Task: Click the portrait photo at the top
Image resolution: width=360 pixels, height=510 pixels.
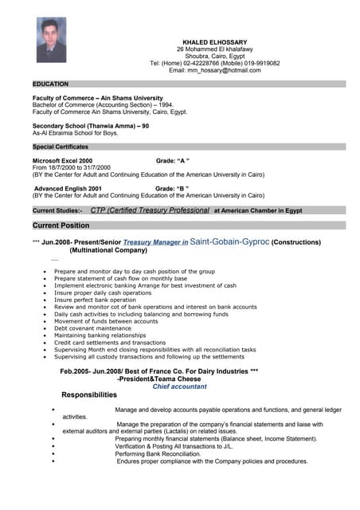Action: (x=51, y=40)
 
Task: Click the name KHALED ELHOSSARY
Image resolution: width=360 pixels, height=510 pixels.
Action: (x=215, y=42)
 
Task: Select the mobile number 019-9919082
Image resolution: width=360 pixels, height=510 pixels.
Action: (x=258, y=63)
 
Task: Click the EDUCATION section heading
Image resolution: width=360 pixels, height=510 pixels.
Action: (x=50, y=84)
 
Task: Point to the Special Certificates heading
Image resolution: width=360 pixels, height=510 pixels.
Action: (x=61, y=147)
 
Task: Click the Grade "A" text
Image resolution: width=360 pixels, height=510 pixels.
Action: (x=172, y=160)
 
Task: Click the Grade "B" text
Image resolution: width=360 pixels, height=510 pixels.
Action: (x=171, y=188)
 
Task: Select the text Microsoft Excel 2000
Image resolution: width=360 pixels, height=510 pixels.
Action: (x=63, y=160)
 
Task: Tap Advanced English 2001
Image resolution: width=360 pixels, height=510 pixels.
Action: (x=68, y=188)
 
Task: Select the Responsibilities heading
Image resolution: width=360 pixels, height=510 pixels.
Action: (x=89, y=395)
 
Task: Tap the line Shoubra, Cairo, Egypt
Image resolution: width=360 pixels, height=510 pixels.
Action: (x=215, y=56)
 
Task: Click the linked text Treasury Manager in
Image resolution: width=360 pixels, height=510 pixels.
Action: (x=156, y=241)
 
